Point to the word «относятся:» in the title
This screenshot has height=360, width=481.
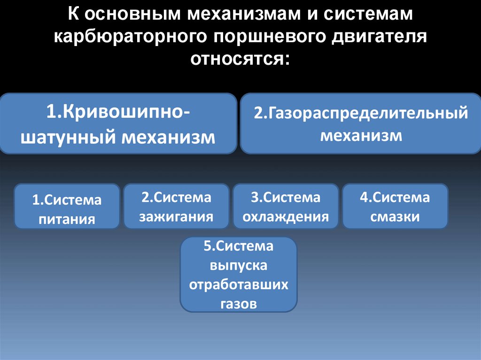tap(240, 60)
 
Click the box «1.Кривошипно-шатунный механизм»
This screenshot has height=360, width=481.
tap(118, 123)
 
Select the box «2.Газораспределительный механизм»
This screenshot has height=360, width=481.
tap(361, 123)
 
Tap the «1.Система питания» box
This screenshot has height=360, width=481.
tap(67, 207)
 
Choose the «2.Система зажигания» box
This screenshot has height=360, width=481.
tap(176, 207)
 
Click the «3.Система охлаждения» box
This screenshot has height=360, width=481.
tap(286, 207)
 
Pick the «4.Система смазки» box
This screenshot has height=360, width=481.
tap(395, 207)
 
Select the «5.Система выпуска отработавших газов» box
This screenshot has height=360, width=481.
tap(239, 275)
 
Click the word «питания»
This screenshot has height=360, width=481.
tap(67, 219)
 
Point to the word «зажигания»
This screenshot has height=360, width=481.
tap(177, 217)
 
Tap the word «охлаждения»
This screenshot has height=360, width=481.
tap(286, 217)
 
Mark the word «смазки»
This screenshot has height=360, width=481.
tap(395, 217)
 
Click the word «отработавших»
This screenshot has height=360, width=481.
tap(239, 285)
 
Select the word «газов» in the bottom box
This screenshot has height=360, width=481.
tap(239, 304)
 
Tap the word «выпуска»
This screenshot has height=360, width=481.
tap(239, 266)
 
